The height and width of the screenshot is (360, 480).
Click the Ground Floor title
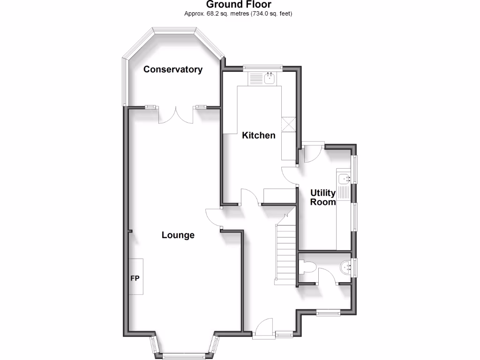click(239, 5)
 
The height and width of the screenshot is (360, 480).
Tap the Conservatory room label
click(173, 69)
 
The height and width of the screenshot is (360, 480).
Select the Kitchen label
click(259, 135)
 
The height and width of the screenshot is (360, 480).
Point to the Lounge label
click(178, 235)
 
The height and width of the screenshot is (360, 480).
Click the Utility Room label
click(323, 197)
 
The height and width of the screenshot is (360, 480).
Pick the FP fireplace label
click(135, 278)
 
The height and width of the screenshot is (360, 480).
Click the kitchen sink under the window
click(270, 78)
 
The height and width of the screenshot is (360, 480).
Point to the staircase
click(285, 253)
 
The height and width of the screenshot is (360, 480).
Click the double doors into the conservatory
click(176, 115)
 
